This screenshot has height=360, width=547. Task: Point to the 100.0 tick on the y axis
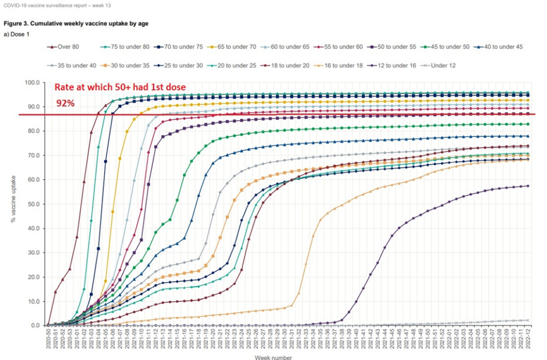point(32,83)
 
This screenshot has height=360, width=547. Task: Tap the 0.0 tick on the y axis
point(35,325)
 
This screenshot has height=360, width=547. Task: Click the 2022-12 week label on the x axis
point(528,339)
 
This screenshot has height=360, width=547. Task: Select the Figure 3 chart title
point(76,24)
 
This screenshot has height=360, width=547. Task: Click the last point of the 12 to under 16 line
point(528,186)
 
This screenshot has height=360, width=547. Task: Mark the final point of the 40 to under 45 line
point(528,136)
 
